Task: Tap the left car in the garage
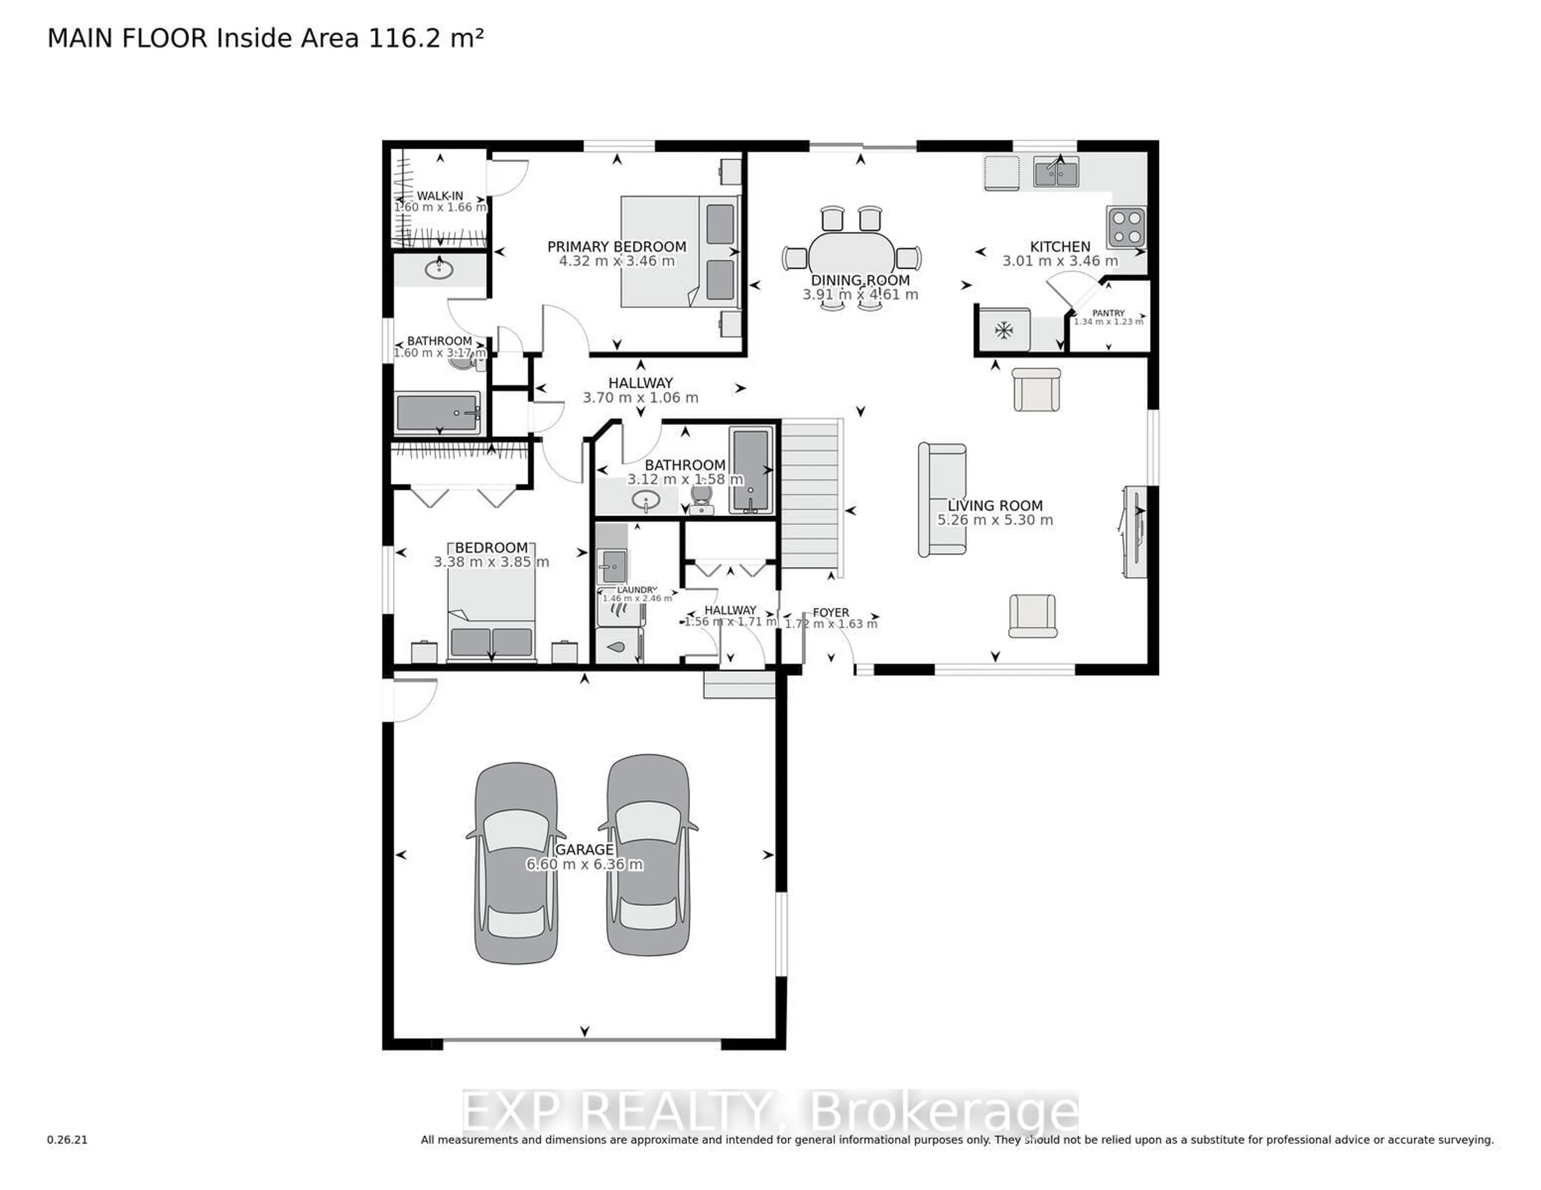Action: (x=516, y=862)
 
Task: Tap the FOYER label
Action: (x=830, y=612)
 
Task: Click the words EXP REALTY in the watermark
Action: (x=614, y=1113)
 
